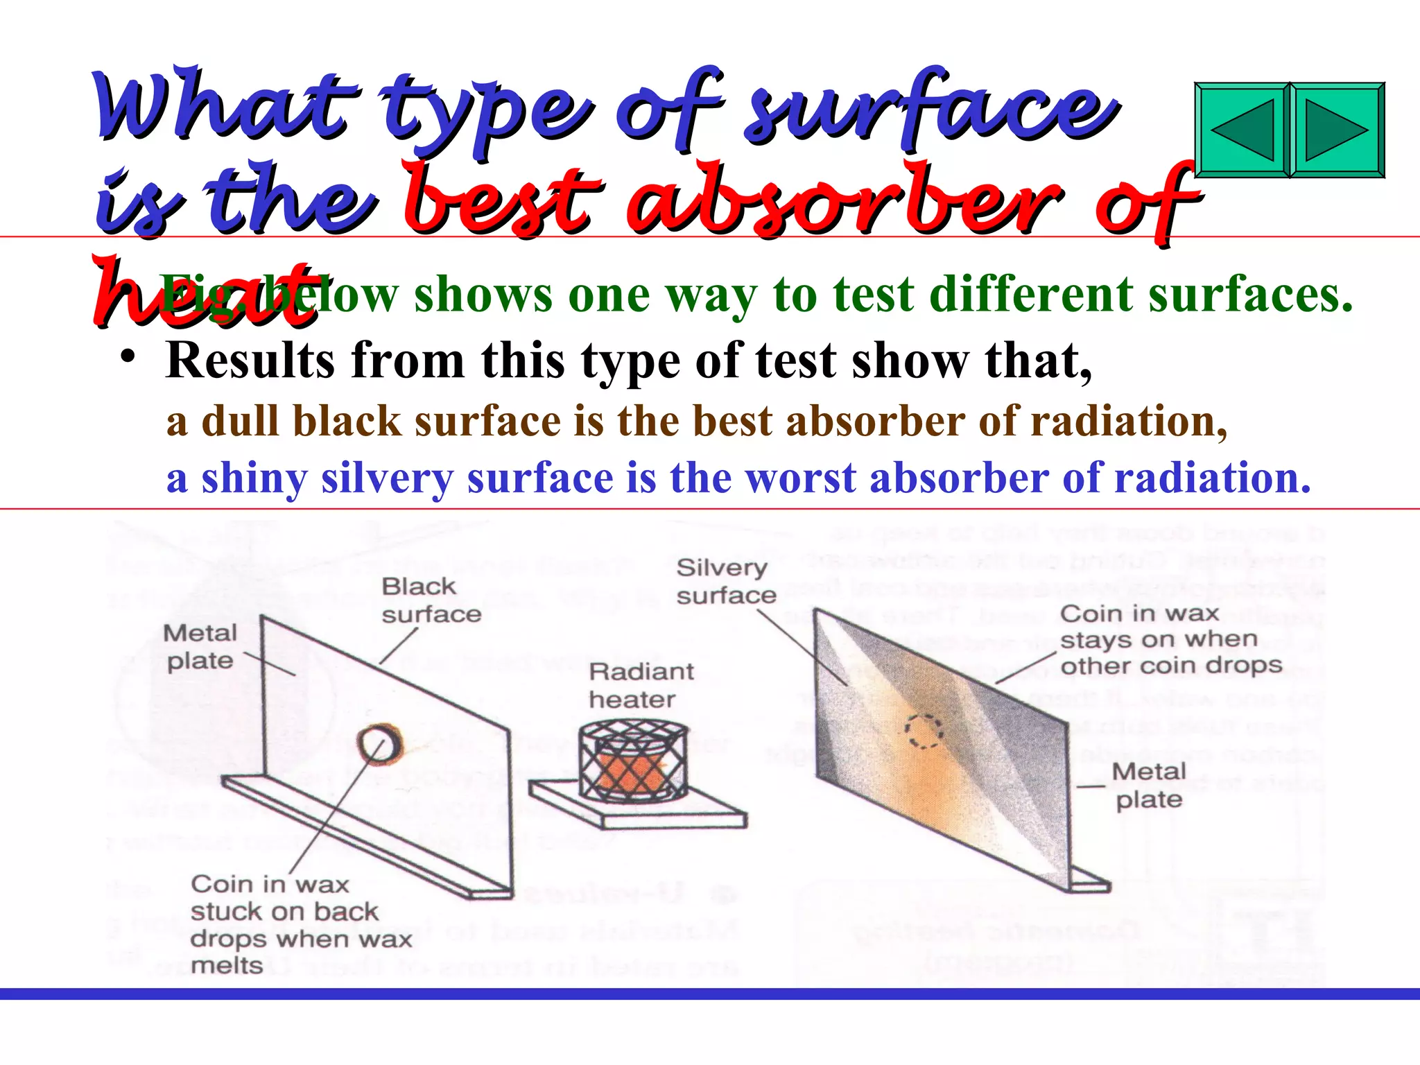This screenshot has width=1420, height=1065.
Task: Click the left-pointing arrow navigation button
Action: point(1242,130)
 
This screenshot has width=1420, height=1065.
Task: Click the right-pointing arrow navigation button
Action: point(1337,130)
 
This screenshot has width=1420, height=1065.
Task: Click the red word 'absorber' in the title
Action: point(842,201)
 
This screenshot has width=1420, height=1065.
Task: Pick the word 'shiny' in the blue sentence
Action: point(254,478)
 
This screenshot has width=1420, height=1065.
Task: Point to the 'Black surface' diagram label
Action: point(431,600)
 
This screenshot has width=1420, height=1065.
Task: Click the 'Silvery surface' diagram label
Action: point(725,581)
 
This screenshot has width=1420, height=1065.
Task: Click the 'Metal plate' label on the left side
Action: point(200,646)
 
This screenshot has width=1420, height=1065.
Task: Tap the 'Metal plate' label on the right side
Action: point(1148,785)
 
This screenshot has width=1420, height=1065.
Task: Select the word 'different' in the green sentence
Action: point(1030,295)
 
